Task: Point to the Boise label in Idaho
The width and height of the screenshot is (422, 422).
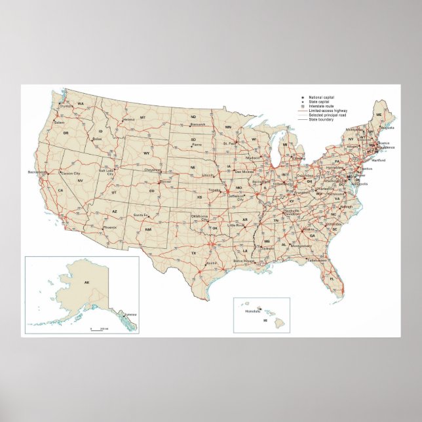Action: (x=97, y=139)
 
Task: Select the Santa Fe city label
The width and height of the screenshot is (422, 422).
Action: (x=140, y=215)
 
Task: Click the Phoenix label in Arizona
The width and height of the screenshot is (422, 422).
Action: (x=109, y=227)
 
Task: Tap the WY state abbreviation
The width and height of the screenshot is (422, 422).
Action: (x=147, y=153)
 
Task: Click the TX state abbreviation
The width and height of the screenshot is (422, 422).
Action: (x=193, y=252)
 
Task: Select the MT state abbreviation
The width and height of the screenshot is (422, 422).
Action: (x=142, y=117)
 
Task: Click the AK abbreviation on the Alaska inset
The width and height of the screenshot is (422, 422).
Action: (x=86, y=282)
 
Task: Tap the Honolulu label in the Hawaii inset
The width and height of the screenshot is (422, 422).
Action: (x=253, y=311)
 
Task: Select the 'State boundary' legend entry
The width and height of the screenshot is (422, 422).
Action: (x=321, y=120)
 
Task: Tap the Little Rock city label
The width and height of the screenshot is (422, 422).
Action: (x=235, y=225)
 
